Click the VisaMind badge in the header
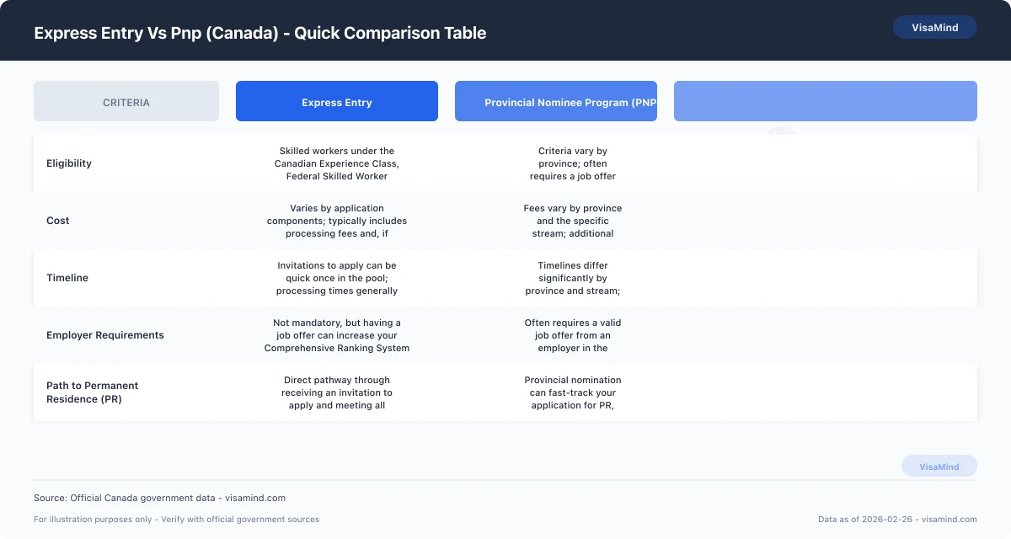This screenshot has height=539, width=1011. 934,27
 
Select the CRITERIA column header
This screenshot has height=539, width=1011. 126,102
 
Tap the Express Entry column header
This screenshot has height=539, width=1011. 337,102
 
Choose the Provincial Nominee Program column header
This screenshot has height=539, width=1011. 556,102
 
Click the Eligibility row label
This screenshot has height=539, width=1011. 69,163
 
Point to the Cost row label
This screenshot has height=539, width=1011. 58,221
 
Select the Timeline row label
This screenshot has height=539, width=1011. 67,278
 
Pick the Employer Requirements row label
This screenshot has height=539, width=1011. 105,335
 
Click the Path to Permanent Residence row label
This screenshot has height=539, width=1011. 92,392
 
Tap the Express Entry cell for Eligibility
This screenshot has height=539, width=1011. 337,163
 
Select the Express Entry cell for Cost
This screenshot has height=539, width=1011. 337,221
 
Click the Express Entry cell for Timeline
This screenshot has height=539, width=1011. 337,278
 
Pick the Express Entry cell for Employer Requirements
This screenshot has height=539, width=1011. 337,335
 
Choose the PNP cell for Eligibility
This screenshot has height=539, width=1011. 573,163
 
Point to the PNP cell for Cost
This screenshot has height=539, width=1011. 573,221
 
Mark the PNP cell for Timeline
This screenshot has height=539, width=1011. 573,278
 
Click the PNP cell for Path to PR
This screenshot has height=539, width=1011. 573,392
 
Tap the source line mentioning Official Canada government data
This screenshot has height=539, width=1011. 159,498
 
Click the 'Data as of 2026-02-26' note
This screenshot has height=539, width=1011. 897,520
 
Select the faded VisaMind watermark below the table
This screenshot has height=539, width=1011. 939,467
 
